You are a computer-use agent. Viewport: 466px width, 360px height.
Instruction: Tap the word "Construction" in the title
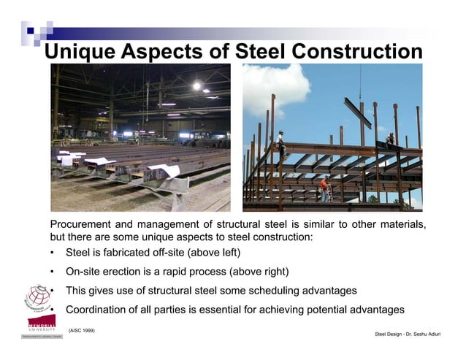pos(356,52)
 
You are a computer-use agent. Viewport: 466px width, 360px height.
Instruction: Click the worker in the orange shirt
pos(324,188)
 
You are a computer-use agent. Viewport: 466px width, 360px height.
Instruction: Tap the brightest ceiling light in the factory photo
pos(196,86)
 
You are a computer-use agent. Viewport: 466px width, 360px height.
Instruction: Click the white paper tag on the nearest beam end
pos(165,172)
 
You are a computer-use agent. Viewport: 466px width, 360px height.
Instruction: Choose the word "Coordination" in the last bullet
pos(99,310)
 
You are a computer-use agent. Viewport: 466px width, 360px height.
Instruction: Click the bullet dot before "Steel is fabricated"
pos(53,253)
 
